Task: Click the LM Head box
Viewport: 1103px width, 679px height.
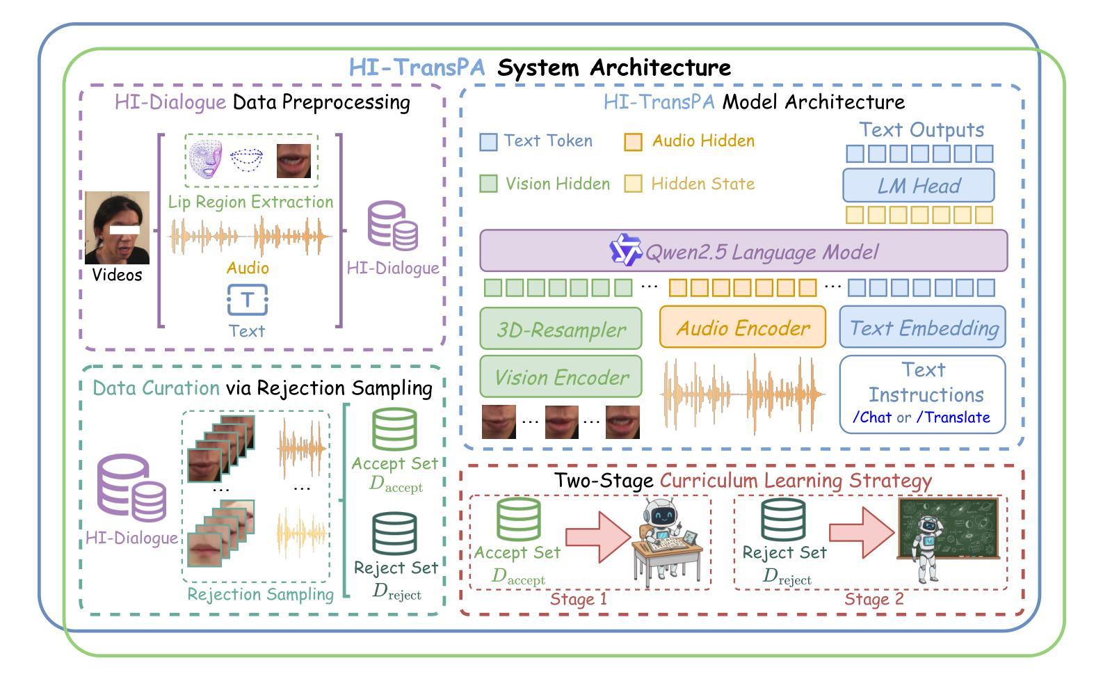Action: point(918,185)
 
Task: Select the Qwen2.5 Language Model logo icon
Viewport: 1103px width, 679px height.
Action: point(625,250)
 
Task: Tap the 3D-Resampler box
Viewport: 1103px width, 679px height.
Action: point(561,328)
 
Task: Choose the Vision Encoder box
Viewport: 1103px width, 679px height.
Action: point(561,377)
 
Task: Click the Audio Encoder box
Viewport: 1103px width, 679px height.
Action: point(743,327)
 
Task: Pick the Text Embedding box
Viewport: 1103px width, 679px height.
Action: point(923,327)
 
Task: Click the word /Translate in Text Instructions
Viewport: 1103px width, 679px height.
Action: point(953,417)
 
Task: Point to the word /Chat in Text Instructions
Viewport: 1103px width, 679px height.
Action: point(872,417)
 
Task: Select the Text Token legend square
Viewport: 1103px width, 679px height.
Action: point(488,142)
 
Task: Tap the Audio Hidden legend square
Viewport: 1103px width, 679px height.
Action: point(633,142)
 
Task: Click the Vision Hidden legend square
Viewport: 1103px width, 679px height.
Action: point(488,184)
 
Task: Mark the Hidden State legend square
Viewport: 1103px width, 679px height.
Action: point(633,184)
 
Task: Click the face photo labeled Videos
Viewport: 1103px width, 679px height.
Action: point(117,227)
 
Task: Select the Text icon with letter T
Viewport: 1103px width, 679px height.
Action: point(247,300)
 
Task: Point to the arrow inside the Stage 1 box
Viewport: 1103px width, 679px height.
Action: point(597,537)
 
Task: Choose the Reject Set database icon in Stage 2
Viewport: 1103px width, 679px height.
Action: point(783,520)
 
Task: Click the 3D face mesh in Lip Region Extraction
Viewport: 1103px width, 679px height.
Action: point(206,159)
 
